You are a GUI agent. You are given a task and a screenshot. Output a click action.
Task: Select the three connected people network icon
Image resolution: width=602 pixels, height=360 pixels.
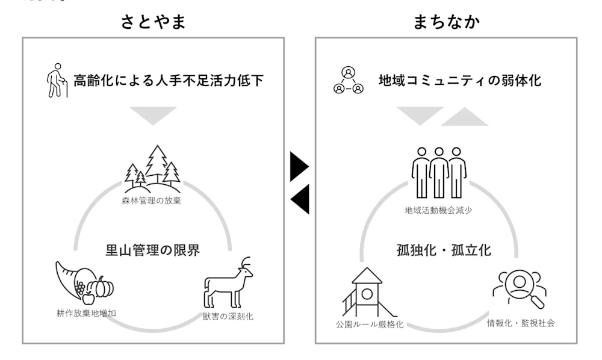[x=349, y=81]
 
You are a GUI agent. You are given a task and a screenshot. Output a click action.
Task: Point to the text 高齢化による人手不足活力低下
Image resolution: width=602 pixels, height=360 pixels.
[x=169, y=80]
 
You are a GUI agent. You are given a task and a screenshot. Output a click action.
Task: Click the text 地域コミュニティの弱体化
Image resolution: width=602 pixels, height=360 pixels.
[x=459, y=80]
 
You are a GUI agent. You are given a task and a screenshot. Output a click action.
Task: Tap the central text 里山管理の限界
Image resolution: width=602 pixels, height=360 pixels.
[x=152, y=249]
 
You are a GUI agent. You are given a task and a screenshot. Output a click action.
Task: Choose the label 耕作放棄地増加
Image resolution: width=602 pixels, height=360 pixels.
[x=82, y=313]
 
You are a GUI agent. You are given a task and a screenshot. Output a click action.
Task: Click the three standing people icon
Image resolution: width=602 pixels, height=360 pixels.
[x=439, y=172]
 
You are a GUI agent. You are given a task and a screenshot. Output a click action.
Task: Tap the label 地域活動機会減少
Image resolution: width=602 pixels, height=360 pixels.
[x=439, y=211]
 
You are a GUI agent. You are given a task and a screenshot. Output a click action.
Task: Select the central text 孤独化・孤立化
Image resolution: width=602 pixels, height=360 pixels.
[x=444, y=249]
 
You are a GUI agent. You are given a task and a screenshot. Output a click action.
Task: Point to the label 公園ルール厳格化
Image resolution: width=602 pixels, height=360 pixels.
[x=369, y=324]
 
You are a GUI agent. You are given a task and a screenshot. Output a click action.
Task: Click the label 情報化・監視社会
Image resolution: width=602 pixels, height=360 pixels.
[x=521, y=323]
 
